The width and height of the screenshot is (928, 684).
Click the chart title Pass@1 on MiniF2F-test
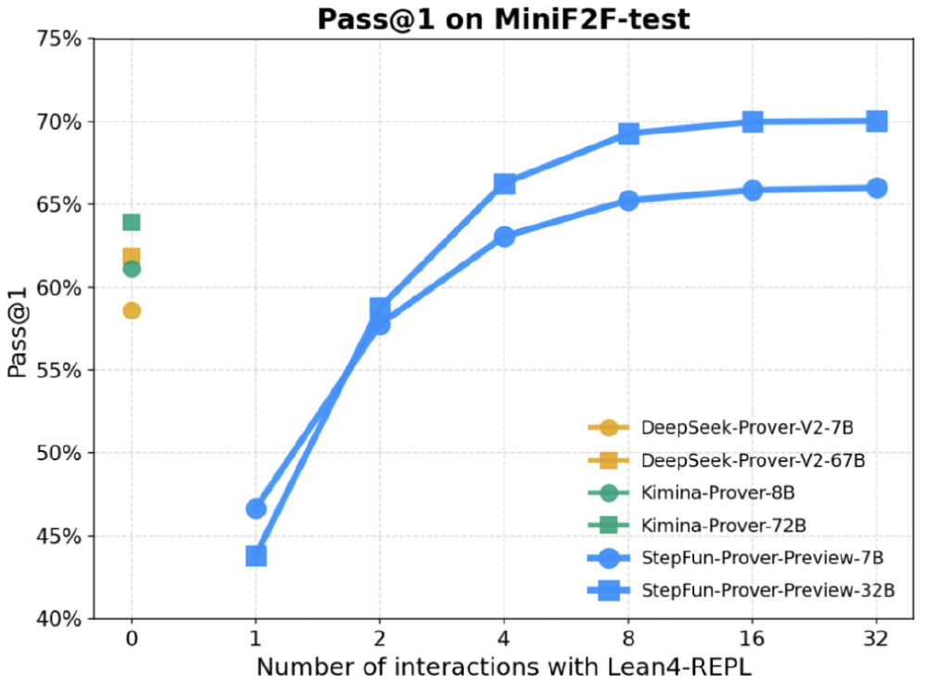pyautogui.click(x=503, y=19)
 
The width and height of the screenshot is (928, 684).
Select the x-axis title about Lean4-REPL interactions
pyautogui.click(x=503, y=666)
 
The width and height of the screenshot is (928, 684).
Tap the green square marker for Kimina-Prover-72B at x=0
pyautogui.click(x=132, y=222)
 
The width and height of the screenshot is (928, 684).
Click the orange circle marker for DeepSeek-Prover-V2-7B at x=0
pyautogui.click(x=132, y=310)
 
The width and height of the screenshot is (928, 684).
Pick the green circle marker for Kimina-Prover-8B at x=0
pyautogui.click(x=132, y=268)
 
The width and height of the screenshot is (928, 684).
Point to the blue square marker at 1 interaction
pyautogui.click(x=256, y=556)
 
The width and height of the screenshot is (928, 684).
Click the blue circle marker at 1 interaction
pyautogui.click(x=256, y=509)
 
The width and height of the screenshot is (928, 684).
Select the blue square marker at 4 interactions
pyautogui.click(x=504, y=184)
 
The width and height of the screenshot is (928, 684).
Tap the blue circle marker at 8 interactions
pyautogui.click(x=628, y=200)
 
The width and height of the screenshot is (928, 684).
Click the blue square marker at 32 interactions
pyautogui.click(x=876, y=121)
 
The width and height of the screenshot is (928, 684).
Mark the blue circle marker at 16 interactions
pyautogui.click(x=753, y=190)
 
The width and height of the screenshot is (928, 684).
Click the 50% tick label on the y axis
pyautogui.click(x=58, y=453)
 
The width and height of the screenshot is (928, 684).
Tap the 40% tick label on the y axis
pyautogui.click(x=58, y=619)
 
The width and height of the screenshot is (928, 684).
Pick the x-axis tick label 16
pyautogui.click(x=753, y=639)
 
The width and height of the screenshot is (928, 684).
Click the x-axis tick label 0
pyautogui.click(x=132, y=639)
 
